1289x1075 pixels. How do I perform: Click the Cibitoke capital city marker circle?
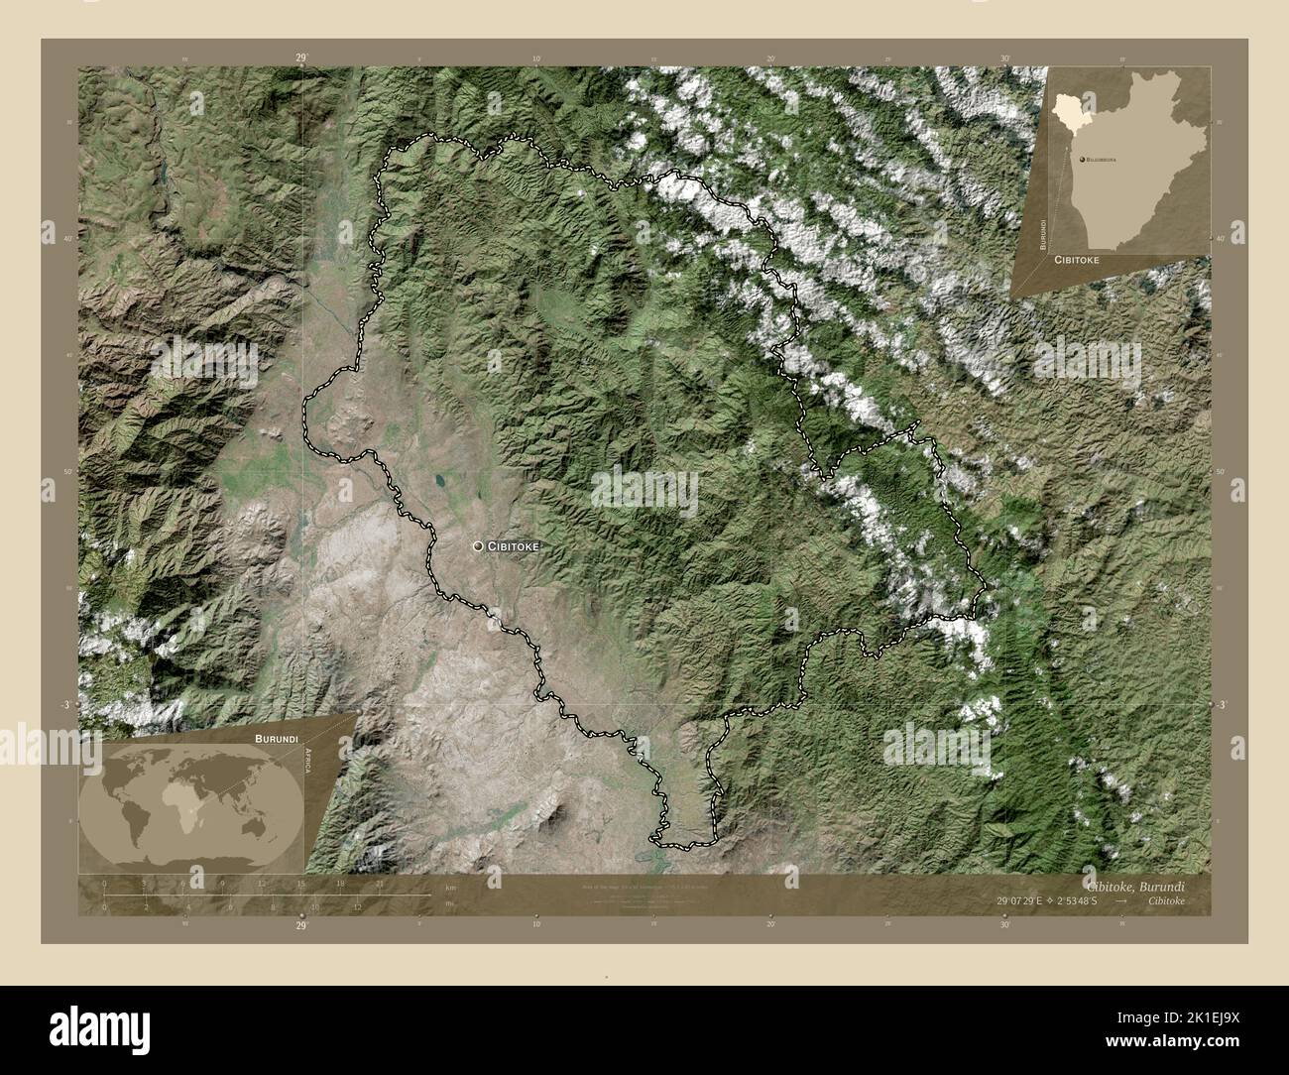pos(479,546)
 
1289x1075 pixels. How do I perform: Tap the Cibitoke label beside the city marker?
pos(517,546)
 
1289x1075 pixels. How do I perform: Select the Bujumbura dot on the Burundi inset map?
pos(1081,158)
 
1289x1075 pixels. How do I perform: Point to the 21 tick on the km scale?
pos(380,883)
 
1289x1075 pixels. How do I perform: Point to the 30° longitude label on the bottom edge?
pos(1005,923)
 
